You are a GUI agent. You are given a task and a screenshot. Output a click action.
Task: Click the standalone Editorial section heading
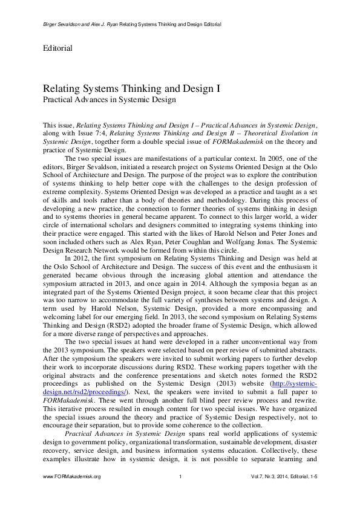(58, 48)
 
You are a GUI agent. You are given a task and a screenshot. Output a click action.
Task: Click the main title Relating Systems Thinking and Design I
(131, 88)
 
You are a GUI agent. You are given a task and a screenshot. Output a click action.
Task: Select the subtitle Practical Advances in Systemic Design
(109, 99)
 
